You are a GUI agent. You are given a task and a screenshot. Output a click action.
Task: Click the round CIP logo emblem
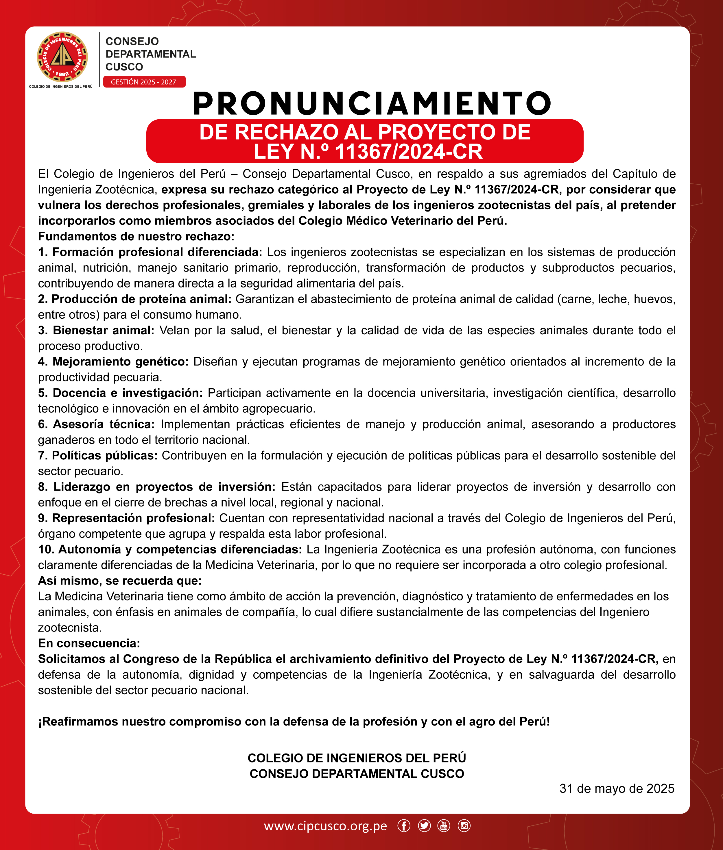(x=62, y=57)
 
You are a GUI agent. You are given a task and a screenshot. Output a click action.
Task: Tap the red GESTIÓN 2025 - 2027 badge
(x=144, y=82)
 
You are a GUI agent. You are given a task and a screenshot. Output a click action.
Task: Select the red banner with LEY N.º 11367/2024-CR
(x=364, y=141)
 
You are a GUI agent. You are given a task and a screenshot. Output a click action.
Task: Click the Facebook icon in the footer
(x=404, y=826)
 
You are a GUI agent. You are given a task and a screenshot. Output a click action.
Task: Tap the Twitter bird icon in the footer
(x=424, y=826)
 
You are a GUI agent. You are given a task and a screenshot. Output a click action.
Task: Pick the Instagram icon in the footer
(x=464, y=826)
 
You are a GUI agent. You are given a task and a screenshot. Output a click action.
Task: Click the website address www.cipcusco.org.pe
(x=325, y=826)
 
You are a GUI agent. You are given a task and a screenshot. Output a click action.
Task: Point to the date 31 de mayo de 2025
(x=617, y=788)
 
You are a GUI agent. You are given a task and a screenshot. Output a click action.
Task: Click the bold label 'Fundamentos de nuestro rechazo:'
(x=136, y=236)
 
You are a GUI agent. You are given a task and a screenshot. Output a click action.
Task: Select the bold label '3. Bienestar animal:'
(x=96, y=331)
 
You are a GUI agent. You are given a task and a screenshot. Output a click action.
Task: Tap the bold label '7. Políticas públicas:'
(x=97, y=455)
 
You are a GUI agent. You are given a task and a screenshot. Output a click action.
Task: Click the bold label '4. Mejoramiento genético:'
(x=113, y=361)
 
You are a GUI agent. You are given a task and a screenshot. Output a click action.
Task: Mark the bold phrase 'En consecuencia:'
(x=89, y=643)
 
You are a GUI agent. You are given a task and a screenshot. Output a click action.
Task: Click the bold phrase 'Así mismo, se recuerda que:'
(x=120, y=581)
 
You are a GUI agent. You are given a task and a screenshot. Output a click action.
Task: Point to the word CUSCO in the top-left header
(x=124, y=67)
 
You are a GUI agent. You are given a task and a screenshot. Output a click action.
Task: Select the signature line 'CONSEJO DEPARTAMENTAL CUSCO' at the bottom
(x=357, y=773)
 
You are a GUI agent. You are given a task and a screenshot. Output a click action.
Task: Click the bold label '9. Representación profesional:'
(x=126, y=518)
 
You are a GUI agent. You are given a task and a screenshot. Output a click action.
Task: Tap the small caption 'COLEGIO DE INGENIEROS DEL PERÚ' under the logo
(x=61, y=87)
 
